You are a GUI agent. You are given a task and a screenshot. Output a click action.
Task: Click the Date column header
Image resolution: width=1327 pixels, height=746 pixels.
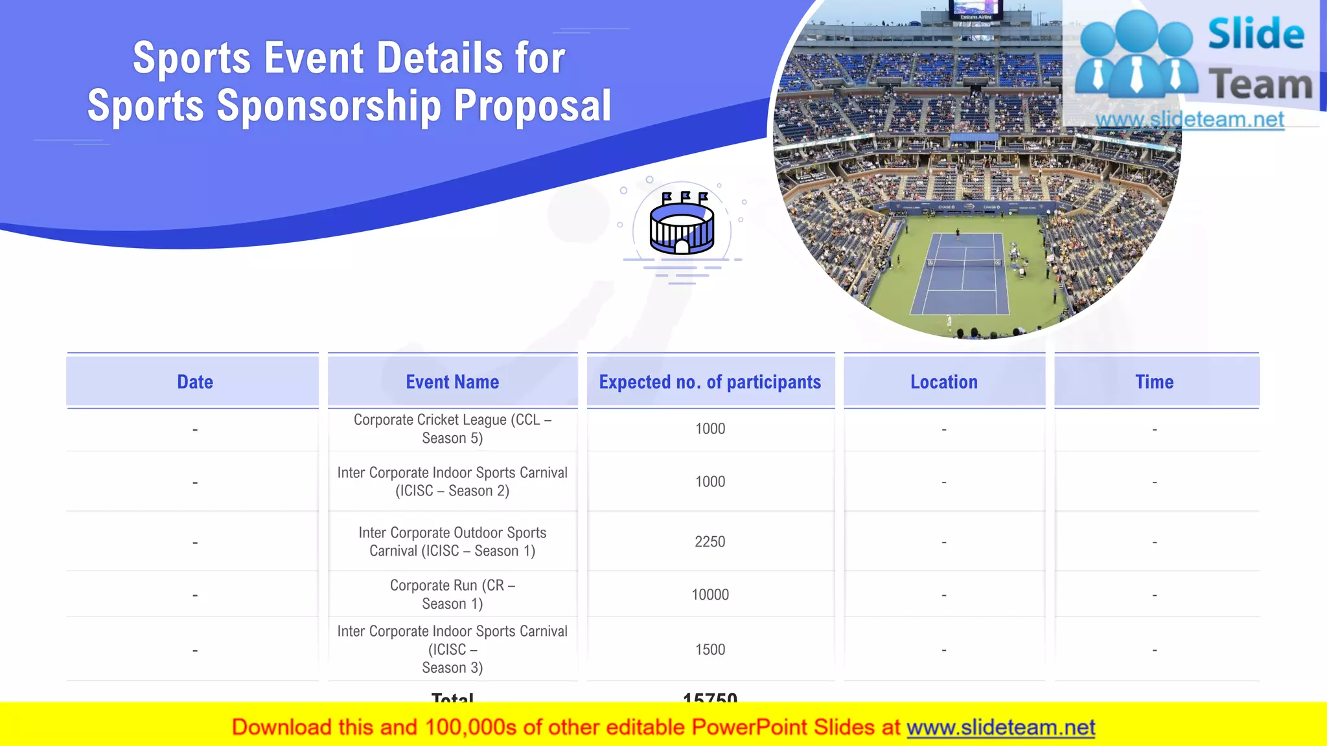point(194,382)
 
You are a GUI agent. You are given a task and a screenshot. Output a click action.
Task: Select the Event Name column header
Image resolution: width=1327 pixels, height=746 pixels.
point(452,382)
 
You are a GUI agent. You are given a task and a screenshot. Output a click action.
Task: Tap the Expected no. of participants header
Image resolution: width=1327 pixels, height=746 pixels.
point(710,382)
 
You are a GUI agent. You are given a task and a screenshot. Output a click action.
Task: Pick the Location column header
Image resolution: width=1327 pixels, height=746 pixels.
point(944,382)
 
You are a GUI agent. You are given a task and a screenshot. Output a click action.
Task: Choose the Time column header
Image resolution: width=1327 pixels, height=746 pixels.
point(1154,382)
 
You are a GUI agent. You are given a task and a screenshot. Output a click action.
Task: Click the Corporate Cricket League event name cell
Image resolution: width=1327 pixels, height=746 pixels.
point(452,429)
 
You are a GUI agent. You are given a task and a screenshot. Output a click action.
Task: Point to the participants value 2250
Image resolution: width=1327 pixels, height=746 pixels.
point(710,541)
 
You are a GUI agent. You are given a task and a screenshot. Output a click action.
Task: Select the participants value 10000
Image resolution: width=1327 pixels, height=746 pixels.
point(710,594)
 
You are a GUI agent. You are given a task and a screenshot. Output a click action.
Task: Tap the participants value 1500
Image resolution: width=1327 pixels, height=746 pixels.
point(710,650)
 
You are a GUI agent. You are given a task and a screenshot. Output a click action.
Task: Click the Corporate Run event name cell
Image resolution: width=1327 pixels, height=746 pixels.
point(452,594)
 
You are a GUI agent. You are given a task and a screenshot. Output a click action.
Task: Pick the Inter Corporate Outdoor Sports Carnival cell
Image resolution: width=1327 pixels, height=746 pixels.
point(452,541)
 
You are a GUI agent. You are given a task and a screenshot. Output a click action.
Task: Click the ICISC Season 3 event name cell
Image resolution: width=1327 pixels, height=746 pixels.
point(452,650)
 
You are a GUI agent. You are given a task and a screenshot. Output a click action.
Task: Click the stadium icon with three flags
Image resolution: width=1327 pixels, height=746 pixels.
point(682,224)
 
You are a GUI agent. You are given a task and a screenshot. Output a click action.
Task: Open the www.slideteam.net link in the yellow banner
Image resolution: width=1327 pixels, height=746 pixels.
point(1000,727)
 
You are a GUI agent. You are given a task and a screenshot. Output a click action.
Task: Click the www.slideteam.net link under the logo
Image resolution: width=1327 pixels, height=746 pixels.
point(1190,120)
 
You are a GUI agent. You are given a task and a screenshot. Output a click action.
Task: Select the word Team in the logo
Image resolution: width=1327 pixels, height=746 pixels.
point(1260,85)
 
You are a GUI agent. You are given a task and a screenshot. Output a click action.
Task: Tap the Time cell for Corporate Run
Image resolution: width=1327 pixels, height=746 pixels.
point(1154,595)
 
